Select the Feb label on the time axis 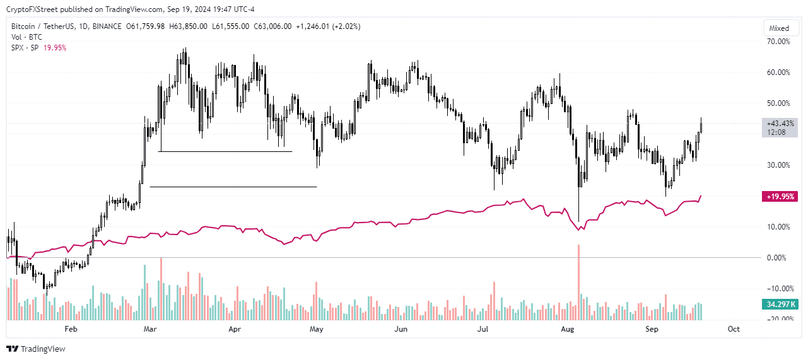point(71,329)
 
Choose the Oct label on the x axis point(734,329)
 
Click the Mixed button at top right point(779,28)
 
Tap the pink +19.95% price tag point(780,196)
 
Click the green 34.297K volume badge point(780,305)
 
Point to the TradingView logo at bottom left point(36,349)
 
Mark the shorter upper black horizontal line point(225,151)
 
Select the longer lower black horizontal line point(233,187)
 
